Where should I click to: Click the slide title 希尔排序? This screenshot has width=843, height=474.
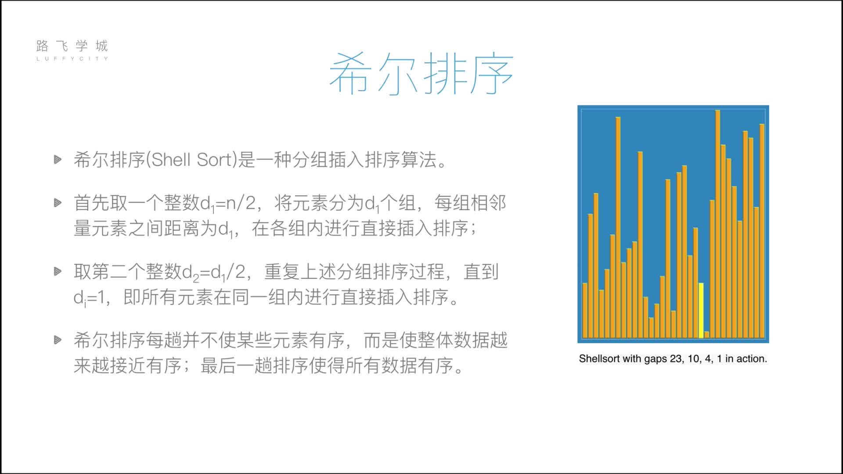coord(421,74)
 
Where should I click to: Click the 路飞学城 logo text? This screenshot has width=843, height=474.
coord(72,46)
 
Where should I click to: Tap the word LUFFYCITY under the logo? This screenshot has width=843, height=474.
coord(72,58)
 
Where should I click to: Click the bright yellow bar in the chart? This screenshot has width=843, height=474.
coord(701,310)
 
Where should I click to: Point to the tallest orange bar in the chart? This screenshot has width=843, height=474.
coord(717,224)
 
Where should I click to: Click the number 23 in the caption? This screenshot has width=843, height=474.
coord(676,359)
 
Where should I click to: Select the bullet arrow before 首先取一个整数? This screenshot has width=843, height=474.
coord(58,202)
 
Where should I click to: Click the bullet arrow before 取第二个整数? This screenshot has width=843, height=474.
coord(58,271)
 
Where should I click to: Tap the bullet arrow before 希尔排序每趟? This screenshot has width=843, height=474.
coord(58,340)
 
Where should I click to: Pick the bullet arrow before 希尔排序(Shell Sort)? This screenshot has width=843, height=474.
coord(58,159)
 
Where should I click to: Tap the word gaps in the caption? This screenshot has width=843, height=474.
coord(655,359)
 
